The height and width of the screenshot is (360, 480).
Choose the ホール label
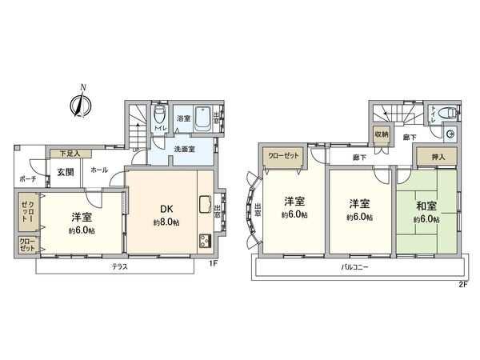pos(100,170)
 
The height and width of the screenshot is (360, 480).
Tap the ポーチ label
pos(26,178)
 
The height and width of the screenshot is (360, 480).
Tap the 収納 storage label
pos(381,134)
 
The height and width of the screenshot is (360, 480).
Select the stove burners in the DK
pos(203,241)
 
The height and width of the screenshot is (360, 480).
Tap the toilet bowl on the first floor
pos(158,113)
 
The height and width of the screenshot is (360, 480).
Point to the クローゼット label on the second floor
pos(284,158)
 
